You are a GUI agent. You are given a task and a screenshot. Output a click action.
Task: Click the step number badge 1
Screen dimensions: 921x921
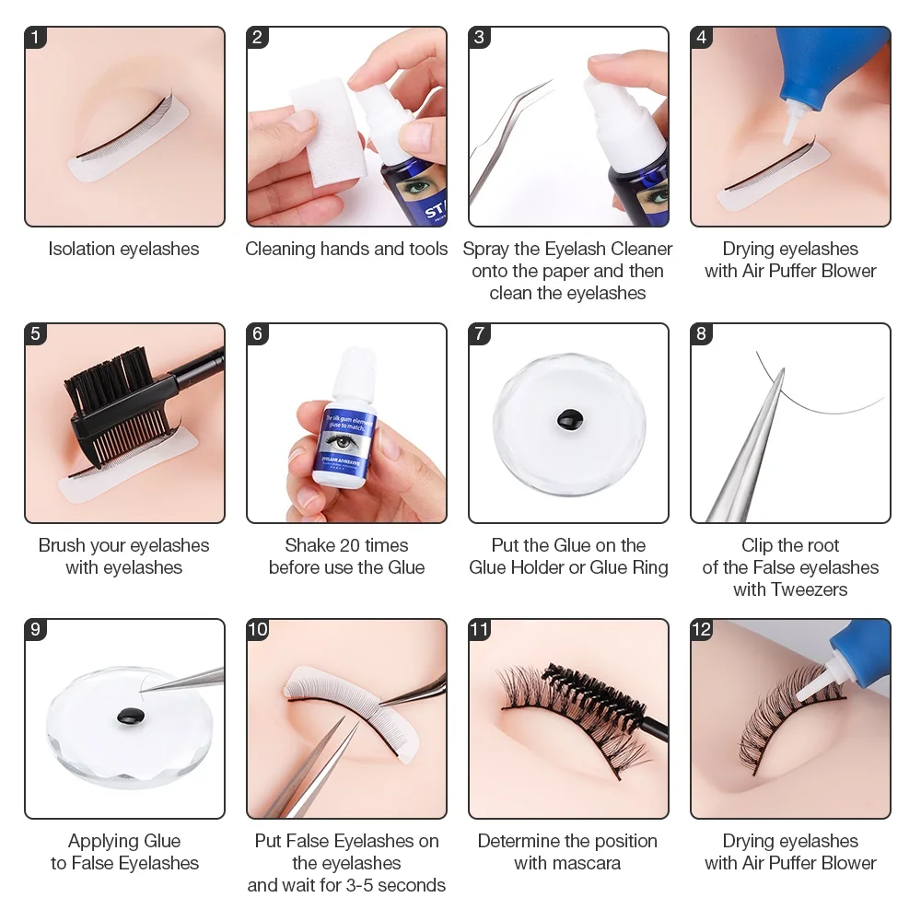[36, 38]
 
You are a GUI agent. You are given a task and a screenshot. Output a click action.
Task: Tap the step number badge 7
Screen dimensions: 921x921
[480, 333]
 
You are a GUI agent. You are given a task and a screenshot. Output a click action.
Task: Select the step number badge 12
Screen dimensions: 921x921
[702, 630]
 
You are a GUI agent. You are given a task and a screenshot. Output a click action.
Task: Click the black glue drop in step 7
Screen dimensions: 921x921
[568, 421]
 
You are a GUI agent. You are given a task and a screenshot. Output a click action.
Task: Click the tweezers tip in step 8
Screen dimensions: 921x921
[781, 373]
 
